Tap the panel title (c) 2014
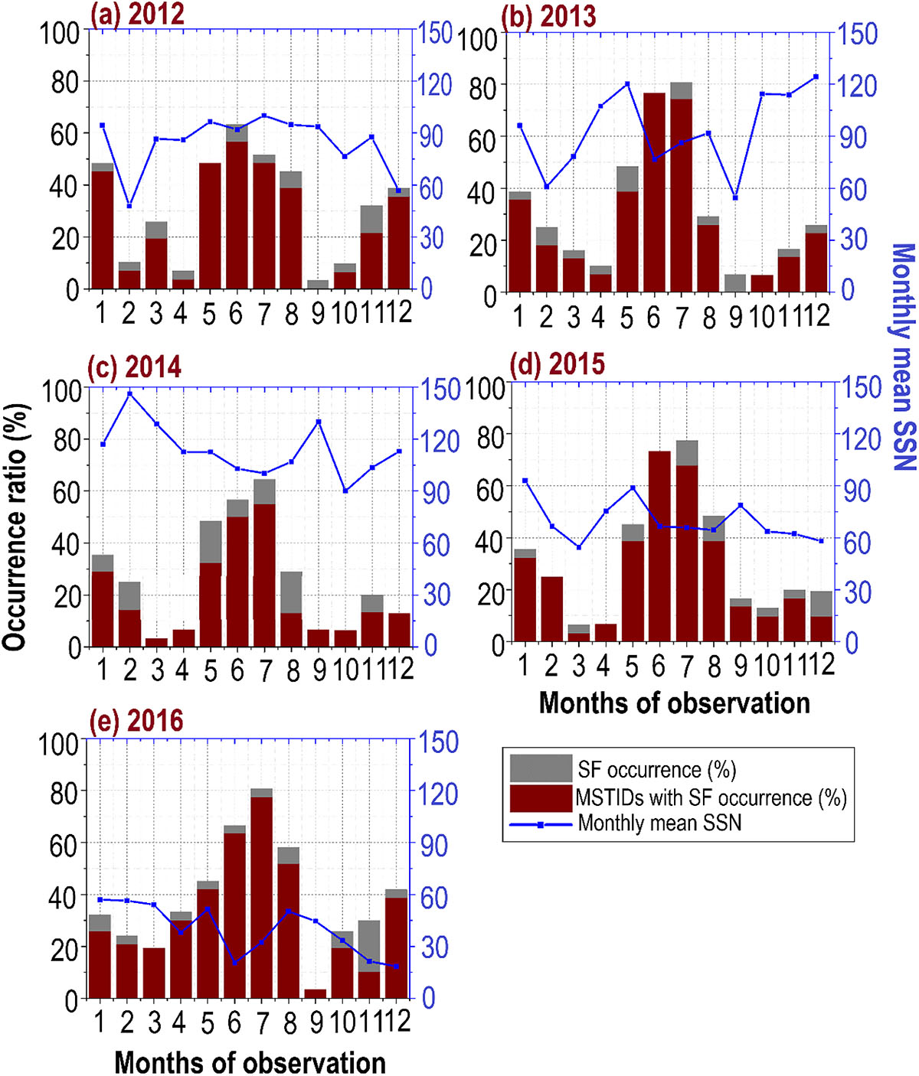(x=135, y=367)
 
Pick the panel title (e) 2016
(x=136, y=721)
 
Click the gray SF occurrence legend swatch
(x=541, y=768)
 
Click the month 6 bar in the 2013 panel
(x=653, y=191)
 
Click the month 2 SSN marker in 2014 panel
(x=129, y=394)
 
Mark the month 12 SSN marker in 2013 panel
(x=816, y=77)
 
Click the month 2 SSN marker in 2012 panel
(x=129, y=206)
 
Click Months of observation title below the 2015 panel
(x=674, y=703)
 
